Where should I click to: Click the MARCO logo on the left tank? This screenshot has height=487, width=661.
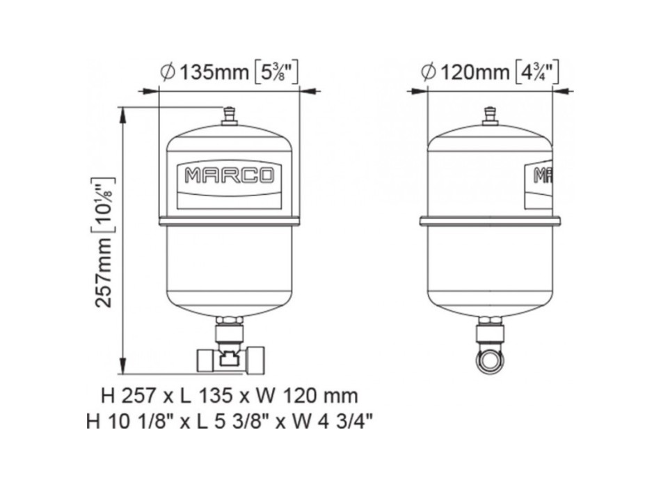(229, 175)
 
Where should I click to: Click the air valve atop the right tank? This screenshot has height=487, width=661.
(490, 116)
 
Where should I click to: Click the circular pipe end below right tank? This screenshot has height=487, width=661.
(490, 360)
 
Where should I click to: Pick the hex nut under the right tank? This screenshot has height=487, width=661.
(490, 323)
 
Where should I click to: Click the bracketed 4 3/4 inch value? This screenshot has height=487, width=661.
(537, 72)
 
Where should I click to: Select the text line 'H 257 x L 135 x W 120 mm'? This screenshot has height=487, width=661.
(229, 397)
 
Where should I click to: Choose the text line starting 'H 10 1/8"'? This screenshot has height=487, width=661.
(229, 422)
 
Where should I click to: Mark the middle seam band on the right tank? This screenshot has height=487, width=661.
(490, 221)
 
